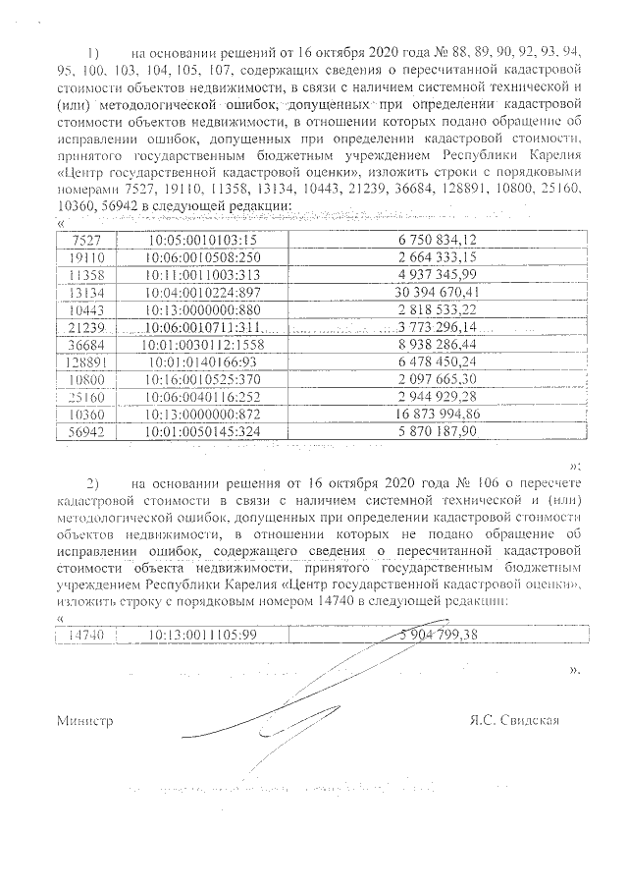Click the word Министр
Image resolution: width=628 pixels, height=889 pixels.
click(x=84, y=721)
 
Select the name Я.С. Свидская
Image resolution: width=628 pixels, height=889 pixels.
click(x=516, y=721)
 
